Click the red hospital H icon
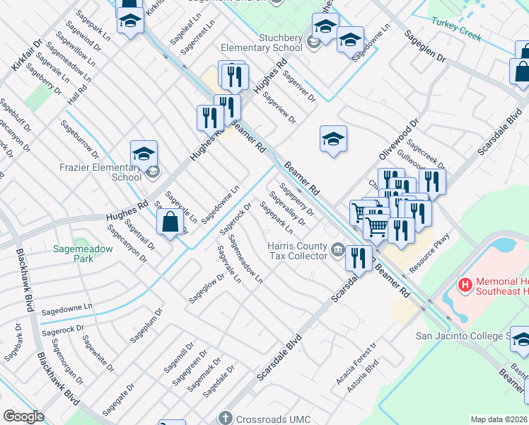pyautogui.click(x=465, y=285)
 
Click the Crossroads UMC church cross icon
pyautogui.click(x=226, y=419)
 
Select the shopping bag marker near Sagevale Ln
pyautogui.click(x=170, y=223)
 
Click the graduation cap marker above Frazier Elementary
pyautogui.click(x=144, y=154)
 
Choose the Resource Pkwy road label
pyautogui.click(x=429, y=257)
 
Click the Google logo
pyautogui.click(x=24, y=416)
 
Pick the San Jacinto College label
pyautogui.click(x=471, y=335)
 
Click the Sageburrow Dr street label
pyautogui.click(x=79, y=139)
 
